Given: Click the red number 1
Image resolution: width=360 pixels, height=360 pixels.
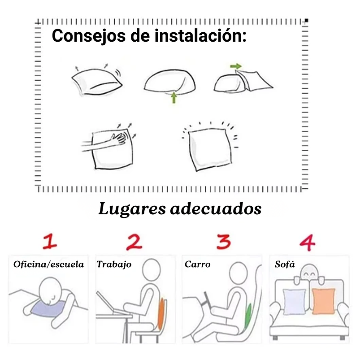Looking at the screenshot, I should pyautogui.click(x=50, y=243).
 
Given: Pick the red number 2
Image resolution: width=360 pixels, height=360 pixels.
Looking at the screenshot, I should pyautogui.click(x=134, y=243).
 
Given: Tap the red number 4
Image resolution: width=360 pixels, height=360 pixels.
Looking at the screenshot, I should pyautogui.click(x=307, y=243).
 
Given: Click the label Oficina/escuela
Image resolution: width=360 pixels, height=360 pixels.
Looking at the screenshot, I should pyautogui.click(x=48, y=264).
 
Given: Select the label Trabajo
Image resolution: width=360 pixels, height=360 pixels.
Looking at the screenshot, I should pyautogui.click(x=114, y=264).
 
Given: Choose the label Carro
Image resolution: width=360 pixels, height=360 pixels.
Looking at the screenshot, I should pyautogui.click(x=197, y=264).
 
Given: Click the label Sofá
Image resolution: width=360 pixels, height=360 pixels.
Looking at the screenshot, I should pyautogui.click(x=285, y=264).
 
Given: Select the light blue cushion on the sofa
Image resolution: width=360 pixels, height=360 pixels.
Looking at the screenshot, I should pyautogui.click(x=294, y=301).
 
